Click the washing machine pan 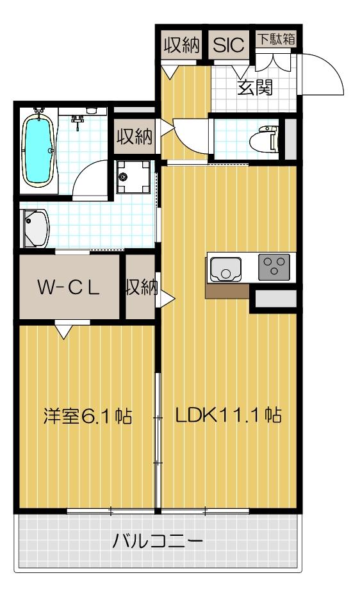(133, 177)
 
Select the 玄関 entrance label (256, 87)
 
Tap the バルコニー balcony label (158, 542)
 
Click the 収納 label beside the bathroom (134, 137)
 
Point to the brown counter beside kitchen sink (227, 291)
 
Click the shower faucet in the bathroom (78, 120)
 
